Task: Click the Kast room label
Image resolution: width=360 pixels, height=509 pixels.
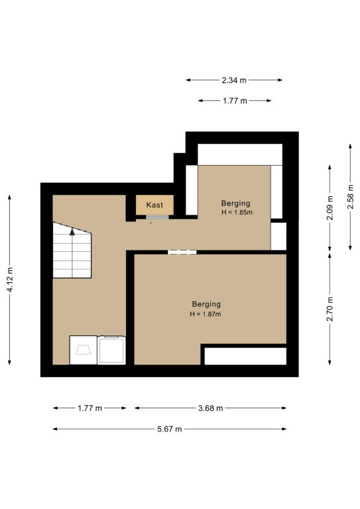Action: tap(154, 205)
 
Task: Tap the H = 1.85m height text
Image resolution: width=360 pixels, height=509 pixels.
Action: tap(237, 213)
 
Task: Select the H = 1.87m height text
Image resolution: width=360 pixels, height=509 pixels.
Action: tap(206, 314)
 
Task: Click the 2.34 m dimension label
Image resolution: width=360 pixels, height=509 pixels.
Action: tap(234, 80)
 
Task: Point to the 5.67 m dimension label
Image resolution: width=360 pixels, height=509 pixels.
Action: tap(170, 429)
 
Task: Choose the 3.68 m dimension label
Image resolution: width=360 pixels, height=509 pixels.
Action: tap(211, 408)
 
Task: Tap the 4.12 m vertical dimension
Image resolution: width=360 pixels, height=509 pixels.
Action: tap(10, 280)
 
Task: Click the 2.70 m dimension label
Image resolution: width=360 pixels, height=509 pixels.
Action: tap(330, 309)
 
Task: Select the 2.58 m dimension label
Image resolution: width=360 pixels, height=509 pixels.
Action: tap(350, 197)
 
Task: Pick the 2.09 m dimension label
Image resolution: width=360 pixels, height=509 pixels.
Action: tap(330, 207)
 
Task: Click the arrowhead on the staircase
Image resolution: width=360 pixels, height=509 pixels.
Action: tap(72, 231)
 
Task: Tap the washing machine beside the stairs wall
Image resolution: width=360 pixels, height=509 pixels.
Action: tap(84, 350)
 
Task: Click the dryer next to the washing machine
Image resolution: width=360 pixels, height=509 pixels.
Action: tap(111, 350)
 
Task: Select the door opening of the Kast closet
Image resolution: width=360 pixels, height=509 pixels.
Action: tap(157, 217)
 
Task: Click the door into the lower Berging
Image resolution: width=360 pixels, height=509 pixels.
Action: tap(182, 252)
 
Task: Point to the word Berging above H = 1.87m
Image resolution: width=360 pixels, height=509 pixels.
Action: tap(206, 304)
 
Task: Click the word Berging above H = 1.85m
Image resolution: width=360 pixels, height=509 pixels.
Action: tap(235, 203)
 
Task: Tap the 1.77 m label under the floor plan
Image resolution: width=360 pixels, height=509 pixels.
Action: tap(90, 408)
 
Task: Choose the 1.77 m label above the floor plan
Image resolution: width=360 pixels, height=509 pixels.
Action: tap(235, 101)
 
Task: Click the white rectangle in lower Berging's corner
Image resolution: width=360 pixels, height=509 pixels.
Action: tap(245, 356)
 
